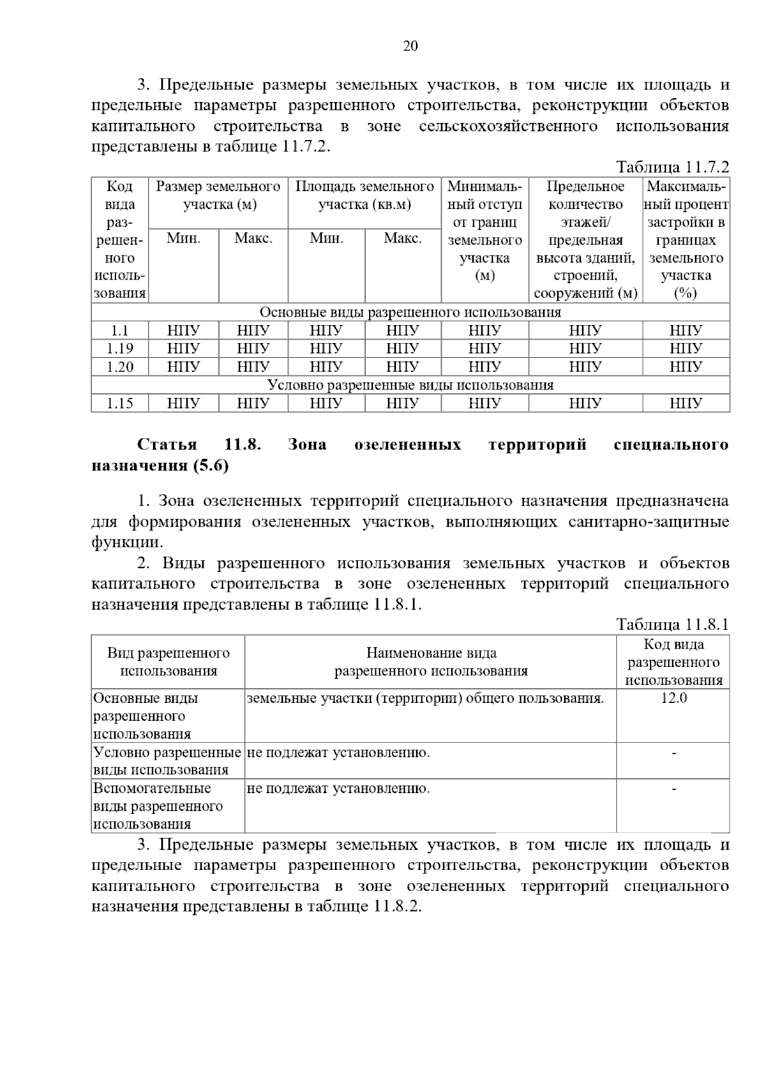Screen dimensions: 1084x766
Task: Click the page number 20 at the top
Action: [410, 46]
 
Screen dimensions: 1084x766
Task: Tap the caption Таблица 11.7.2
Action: [672, 167]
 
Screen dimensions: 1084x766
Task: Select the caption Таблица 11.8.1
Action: [672, 624]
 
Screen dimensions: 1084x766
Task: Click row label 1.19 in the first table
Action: [120, 349]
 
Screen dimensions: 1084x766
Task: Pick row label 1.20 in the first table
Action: [120, 367]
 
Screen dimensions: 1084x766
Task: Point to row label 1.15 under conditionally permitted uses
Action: [120, 403]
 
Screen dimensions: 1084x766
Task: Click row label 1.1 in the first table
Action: [120, 331]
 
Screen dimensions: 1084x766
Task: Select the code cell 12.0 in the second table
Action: [673, 698]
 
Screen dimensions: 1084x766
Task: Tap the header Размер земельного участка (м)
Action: [218, 195]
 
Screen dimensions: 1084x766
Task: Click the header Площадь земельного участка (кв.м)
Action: [364, 195]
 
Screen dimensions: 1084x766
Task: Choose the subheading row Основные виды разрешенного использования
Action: [410, 312]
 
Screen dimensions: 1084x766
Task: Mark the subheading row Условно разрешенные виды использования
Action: [410, 385]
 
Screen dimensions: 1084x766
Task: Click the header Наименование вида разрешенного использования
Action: [431, 661]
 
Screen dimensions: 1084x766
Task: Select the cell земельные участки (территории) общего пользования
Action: [425, 698]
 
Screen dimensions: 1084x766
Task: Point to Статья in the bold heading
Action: [167, 444]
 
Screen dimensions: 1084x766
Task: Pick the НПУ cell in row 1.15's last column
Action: [686, 403]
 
